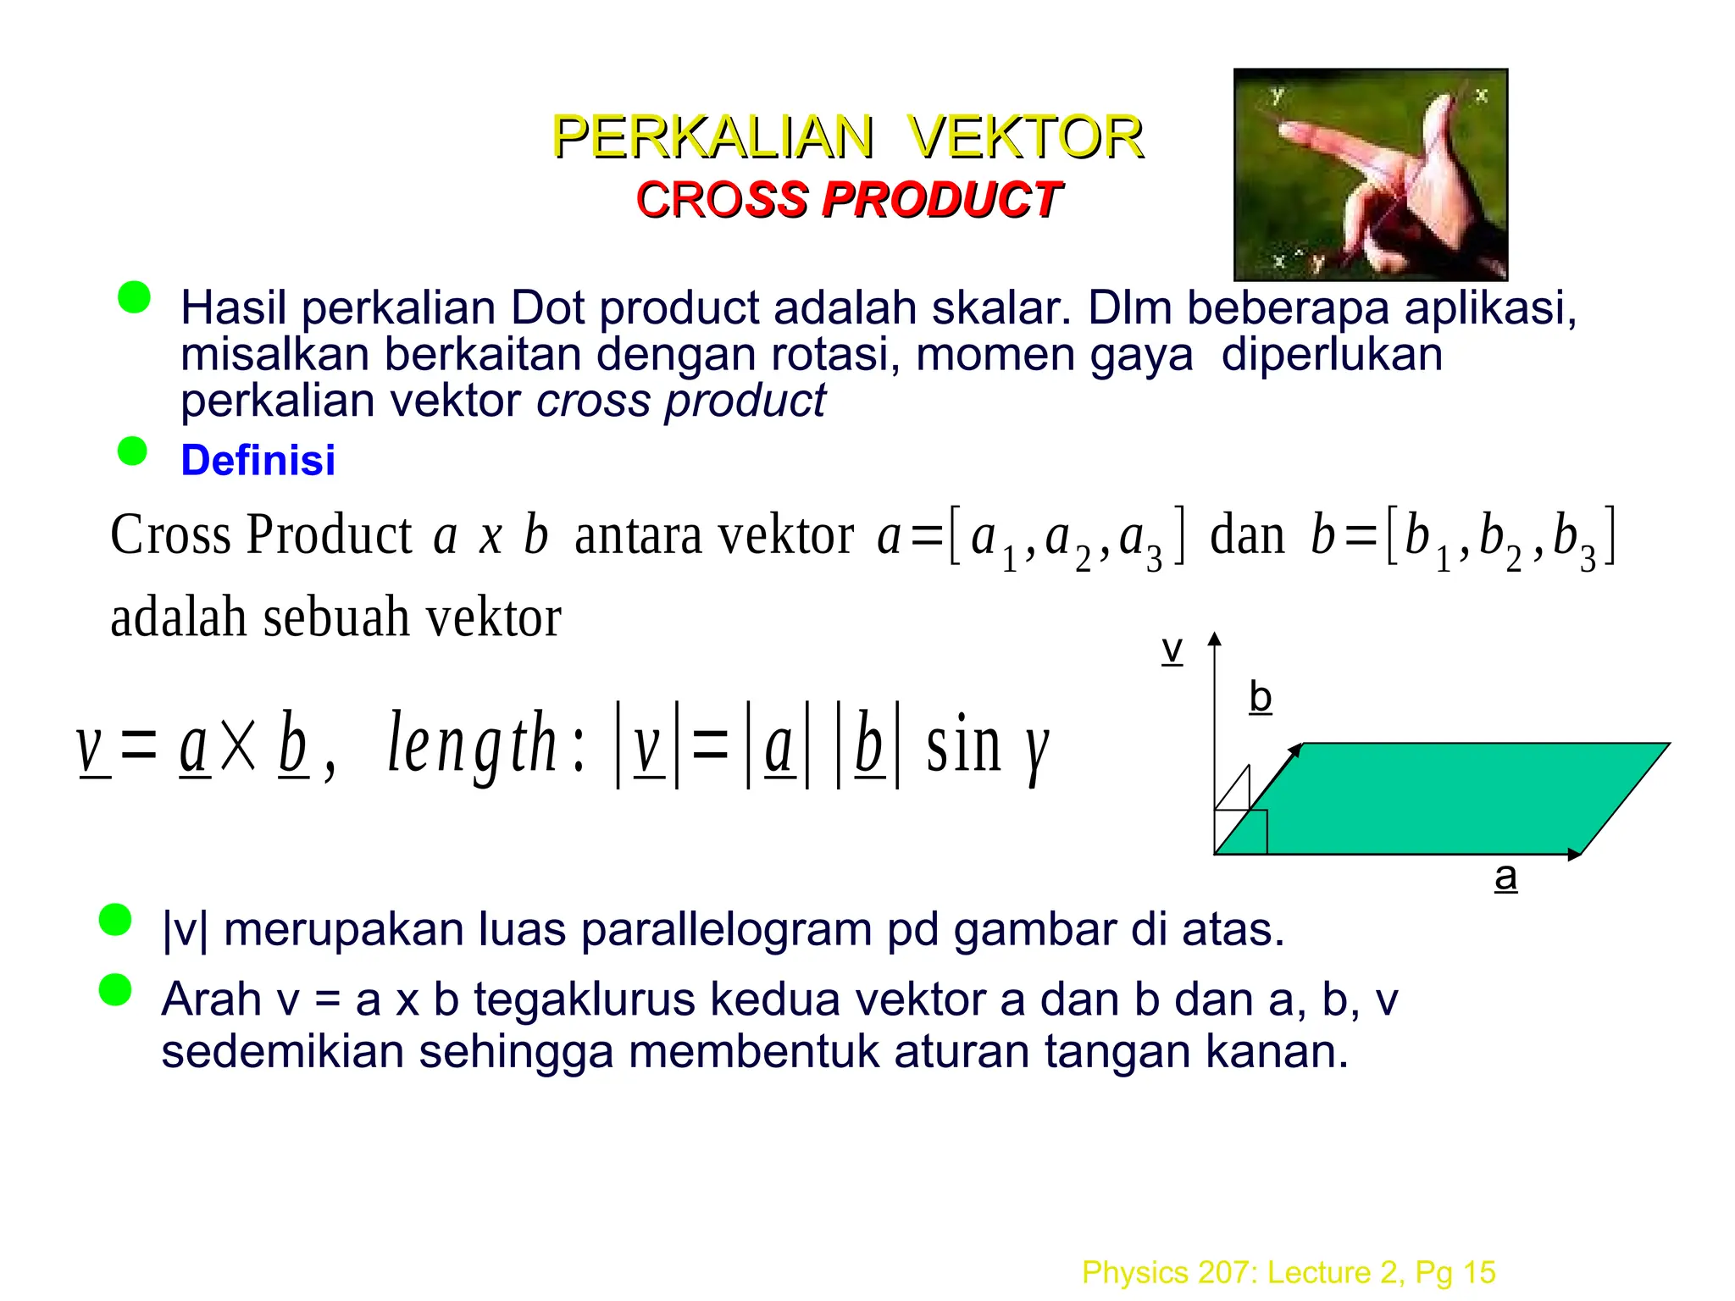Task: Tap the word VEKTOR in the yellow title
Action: [1025, 137]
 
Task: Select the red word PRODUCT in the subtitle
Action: [940, 200]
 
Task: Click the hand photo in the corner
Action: [1370, 174]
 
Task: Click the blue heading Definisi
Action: [258, 460]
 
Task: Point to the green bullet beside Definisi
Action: [132, 451]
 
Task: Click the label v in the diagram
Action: [1172, 650]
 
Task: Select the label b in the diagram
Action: [1261, 697]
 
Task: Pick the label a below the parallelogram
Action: [1505, 876]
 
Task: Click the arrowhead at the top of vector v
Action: [1215, 639]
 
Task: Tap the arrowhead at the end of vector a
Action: [1575, 855]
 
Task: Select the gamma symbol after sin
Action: [1036, 750]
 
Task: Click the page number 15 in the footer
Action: [1478, 1272]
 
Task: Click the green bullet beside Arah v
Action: [115, 989]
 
